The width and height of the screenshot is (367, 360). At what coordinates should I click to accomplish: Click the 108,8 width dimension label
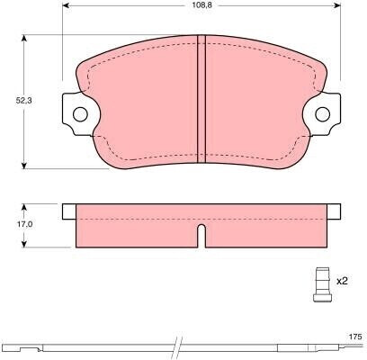200,5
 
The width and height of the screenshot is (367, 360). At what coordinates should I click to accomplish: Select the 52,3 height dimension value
23,101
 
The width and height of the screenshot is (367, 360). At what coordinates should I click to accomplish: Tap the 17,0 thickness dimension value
23,224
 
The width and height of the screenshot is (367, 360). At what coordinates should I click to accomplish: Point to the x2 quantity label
342,282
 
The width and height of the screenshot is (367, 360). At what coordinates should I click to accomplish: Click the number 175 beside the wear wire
355,337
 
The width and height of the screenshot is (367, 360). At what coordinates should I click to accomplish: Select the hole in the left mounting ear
80,114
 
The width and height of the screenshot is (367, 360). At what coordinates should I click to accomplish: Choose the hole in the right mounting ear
323,114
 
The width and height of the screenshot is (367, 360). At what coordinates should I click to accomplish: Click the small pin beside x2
322,284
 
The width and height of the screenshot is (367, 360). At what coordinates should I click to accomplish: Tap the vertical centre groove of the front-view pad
201,99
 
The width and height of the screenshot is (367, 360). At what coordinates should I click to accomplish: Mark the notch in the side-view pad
201,236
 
